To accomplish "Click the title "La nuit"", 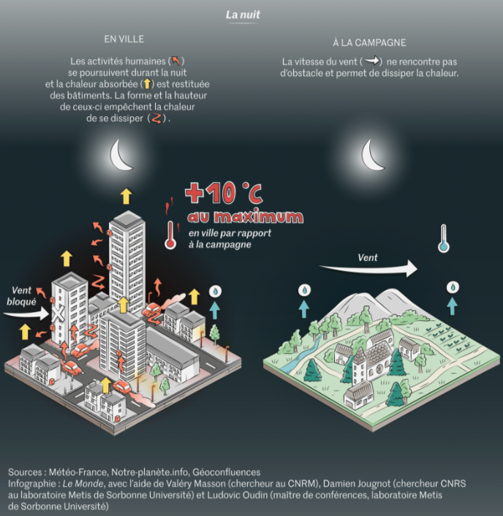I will (243, 14).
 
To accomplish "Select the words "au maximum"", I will (244, 217).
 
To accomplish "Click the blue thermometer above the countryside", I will (442, 240).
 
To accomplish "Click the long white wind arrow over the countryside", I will (368, 270).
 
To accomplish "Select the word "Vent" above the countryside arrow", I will (368, 257).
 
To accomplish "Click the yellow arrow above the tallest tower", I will (126, 196).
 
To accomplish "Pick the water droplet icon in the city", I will (215, 291).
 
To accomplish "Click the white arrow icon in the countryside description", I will (373, 61).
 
